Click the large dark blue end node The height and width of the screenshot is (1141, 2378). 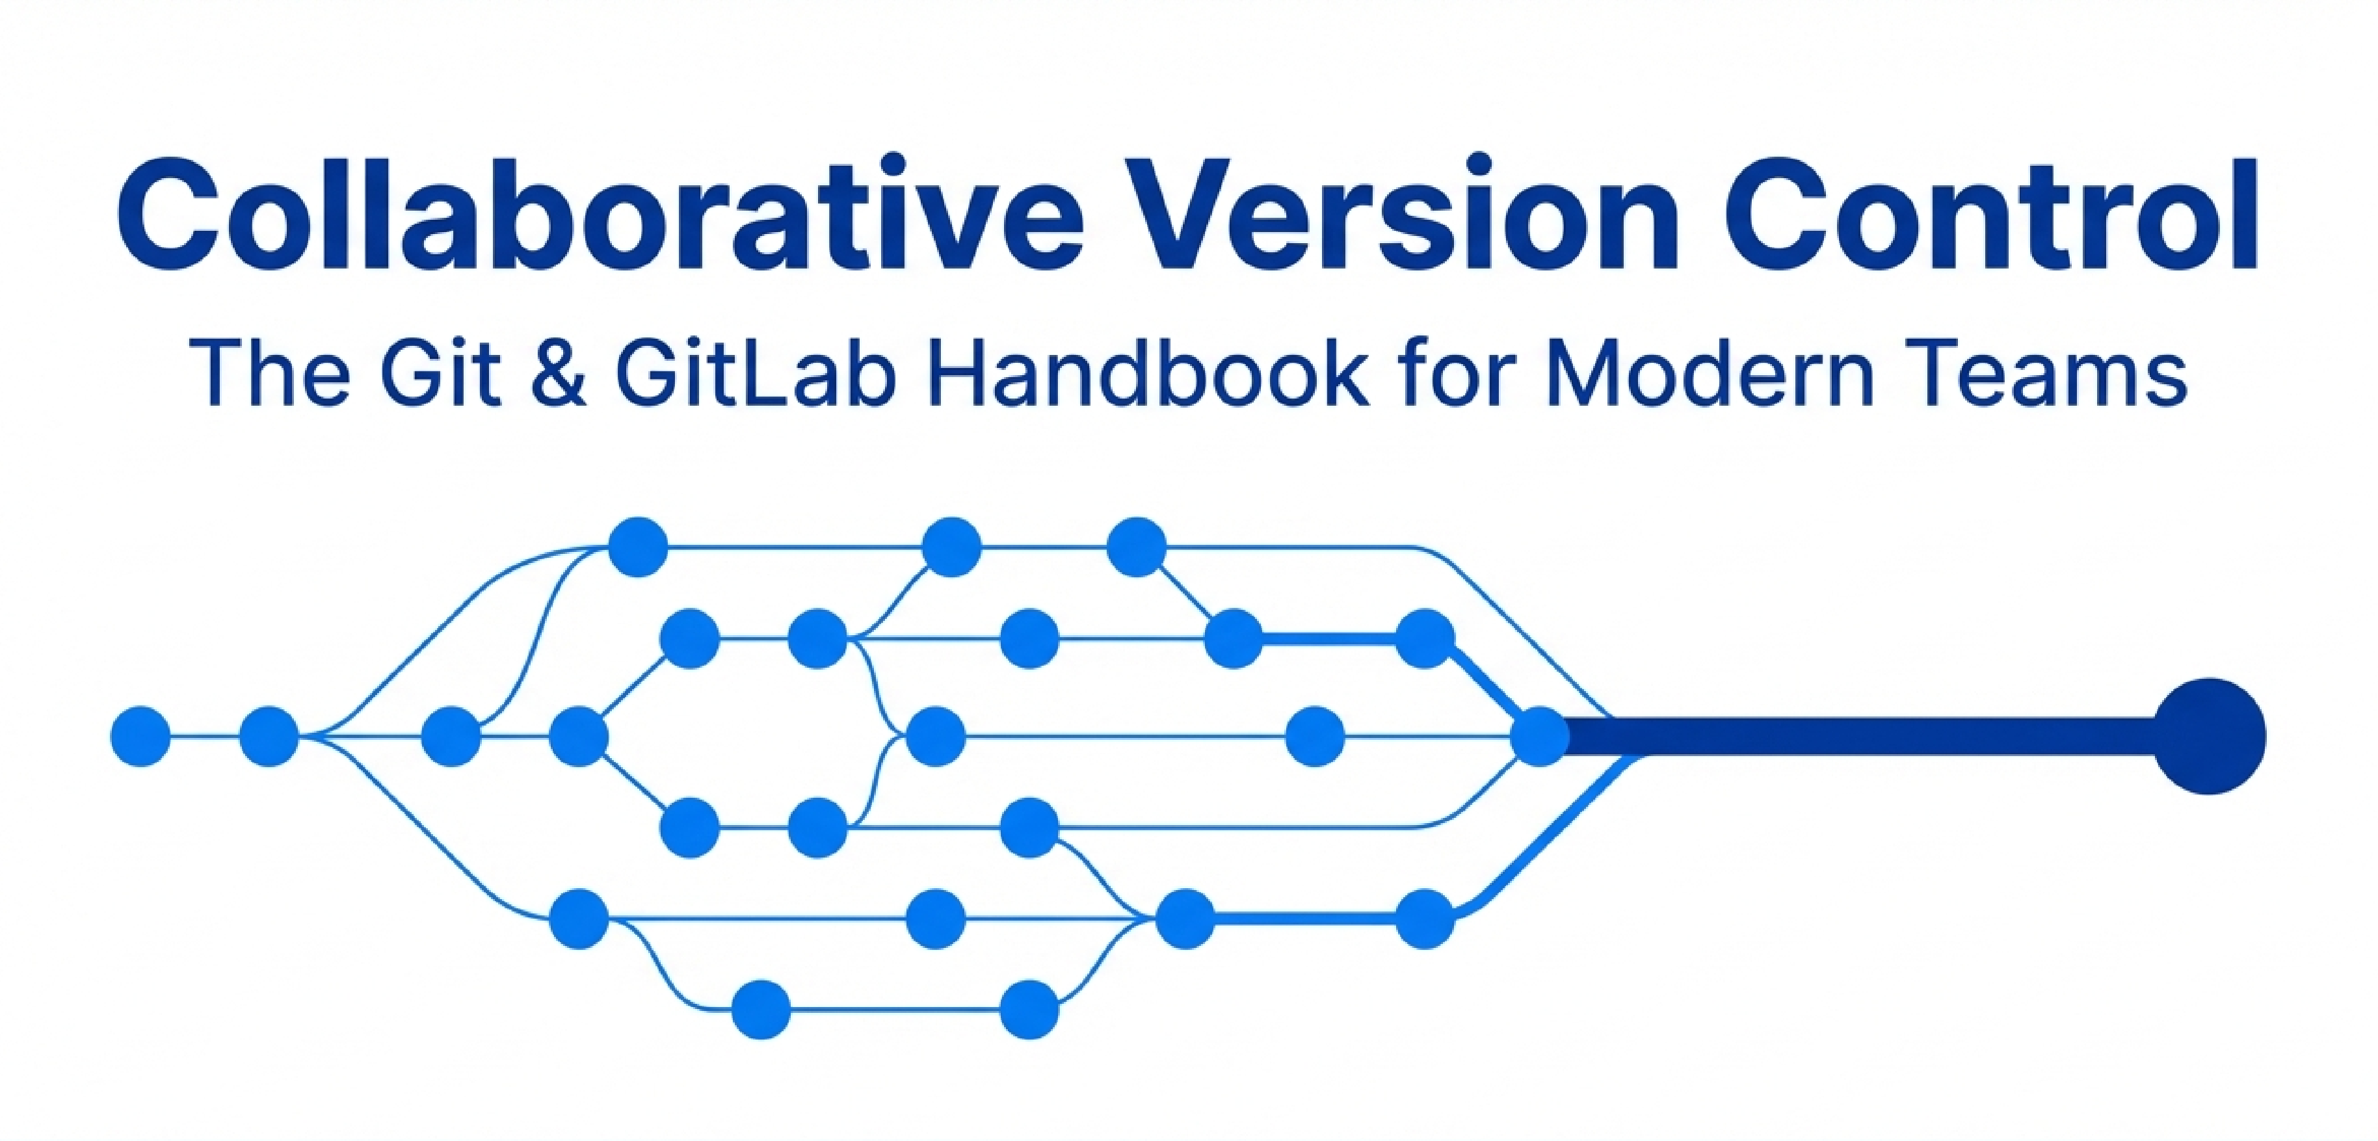2210,736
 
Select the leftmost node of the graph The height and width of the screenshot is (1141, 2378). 140,736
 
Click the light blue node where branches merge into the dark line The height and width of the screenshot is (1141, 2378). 1539,736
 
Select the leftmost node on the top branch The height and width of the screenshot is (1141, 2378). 638,547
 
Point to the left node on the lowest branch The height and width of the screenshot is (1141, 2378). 761,1009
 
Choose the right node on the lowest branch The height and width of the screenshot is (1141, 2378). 1029,1009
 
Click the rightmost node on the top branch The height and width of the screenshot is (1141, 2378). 1137,547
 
